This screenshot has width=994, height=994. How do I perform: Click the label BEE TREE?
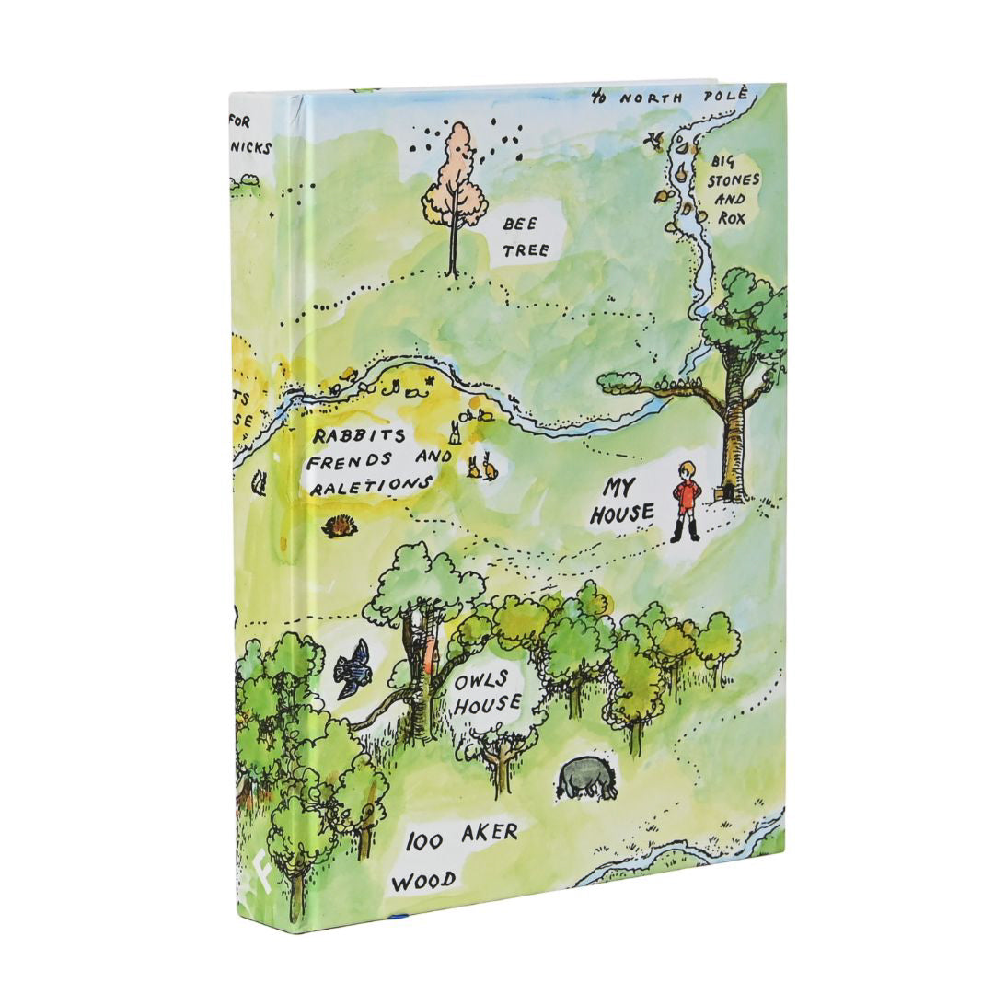(x=526, y=236)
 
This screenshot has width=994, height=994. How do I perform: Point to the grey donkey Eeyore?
(x=584, y=778)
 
